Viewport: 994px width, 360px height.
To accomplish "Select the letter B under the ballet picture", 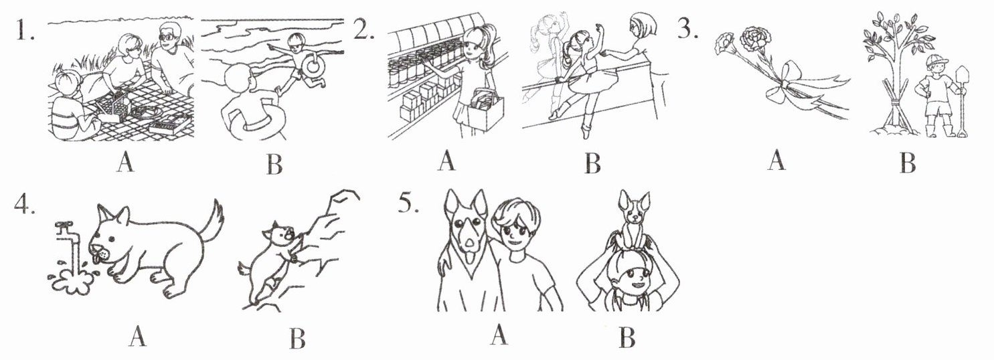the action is tap(593, 163).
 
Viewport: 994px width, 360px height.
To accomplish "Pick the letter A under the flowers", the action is tap(776, 161).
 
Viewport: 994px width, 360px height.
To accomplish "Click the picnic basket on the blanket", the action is tap(113, 108).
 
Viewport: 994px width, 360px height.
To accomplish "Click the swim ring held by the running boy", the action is tap(313, 66).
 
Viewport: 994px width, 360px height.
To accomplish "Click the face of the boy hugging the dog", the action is tap(515, 232).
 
